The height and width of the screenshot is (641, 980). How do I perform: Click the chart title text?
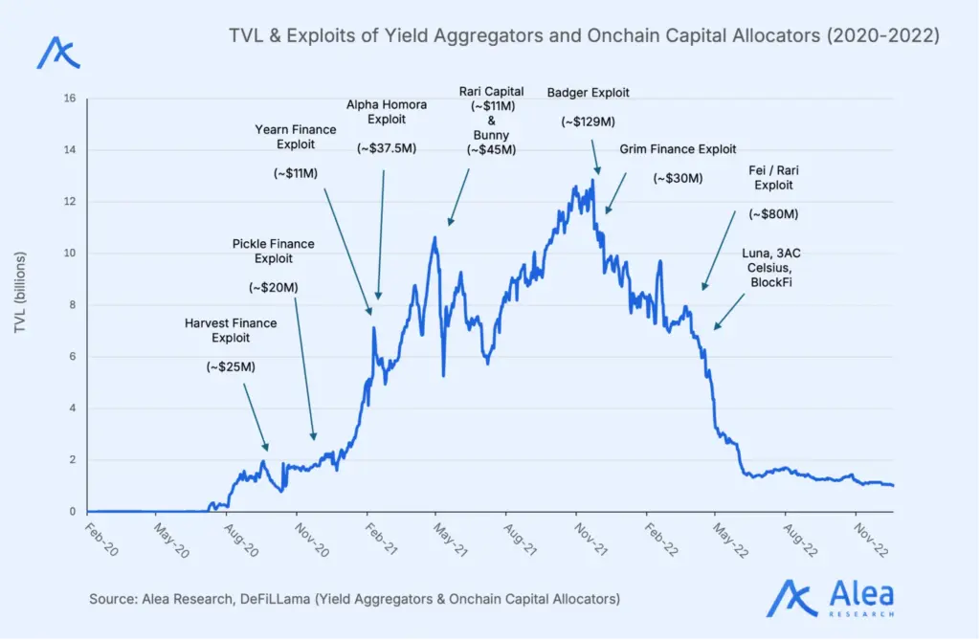[x=584, y=36]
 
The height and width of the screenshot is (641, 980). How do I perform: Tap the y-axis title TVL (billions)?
[x=20, y=293]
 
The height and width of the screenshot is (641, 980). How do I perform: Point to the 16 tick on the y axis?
[x=69, y=99]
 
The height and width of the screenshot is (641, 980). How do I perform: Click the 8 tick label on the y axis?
[x=73, y=305]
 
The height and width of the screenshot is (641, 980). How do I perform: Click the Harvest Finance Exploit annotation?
[x=231, y=330]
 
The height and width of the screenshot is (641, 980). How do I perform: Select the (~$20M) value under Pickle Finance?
[x=273, y=287]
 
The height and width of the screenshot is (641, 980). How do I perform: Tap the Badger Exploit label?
[x=588, y=93]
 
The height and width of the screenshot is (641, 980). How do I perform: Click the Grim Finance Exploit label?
[x=678, y=149]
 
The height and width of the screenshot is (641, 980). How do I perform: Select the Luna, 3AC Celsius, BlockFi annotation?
[x=768, y=267]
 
